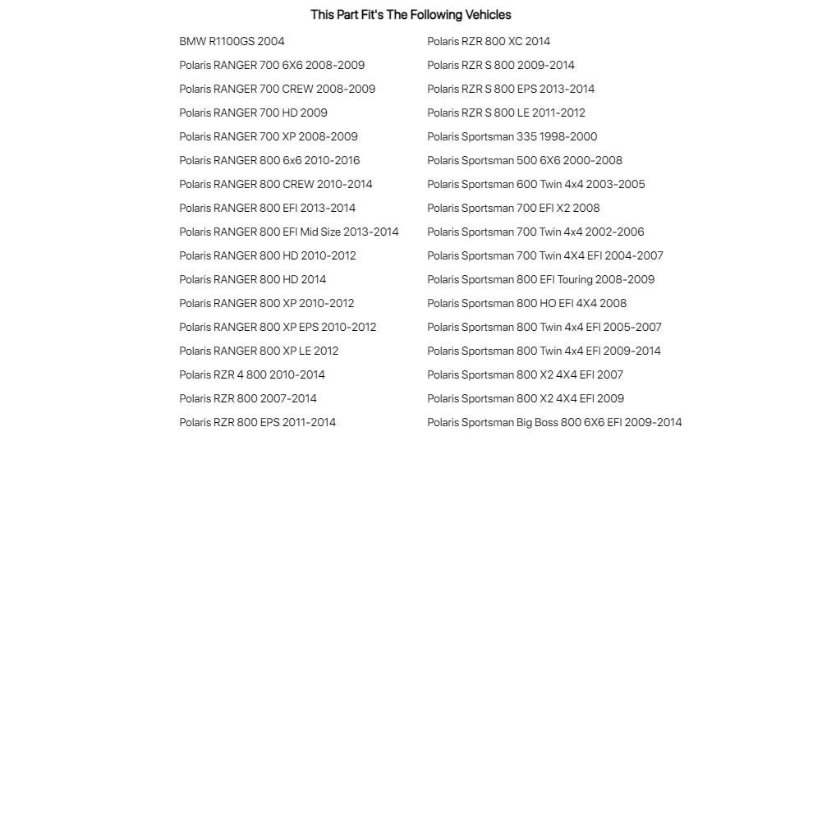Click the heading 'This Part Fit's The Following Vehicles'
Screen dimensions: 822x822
[x=411, y=15]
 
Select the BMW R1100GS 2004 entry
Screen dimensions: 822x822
[x=232, y=41]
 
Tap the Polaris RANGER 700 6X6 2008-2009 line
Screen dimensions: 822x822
[x=272, y=65]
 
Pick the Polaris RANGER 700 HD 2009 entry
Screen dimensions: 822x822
[x=253, y=113]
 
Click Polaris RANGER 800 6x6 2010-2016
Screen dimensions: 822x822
[x=269, y=160]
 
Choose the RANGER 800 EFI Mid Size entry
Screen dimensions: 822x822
[x=289, y=232]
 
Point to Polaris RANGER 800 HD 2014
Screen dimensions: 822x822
[x=252, y=279]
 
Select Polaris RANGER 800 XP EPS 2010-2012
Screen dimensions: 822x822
[x=278, y=327]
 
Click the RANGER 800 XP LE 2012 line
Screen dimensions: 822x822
[x=259, y=351]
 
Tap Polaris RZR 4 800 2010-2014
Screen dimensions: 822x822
[x=252, y=374]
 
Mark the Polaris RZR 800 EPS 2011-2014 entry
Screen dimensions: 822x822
[x=257, y=422]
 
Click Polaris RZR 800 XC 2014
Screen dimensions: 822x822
[x=489, y=41]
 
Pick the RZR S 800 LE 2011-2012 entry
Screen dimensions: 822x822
[x=506, y=113]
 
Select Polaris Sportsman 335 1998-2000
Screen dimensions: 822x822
[x=512, y=136]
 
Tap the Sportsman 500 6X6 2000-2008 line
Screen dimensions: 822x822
[x=525, y=160]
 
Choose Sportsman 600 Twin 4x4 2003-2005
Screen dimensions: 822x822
[x=536, y=184]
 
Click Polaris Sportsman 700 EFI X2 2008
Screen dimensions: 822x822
[x=513, y=208]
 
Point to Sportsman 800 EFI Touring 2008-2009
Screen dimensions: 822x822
[x=540, y=279]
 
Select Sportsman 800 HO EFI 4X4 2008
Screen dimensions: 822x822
[x=526, y=303]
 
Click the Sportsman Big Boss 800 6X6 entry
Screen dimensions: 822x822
[x=554, y=422]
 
